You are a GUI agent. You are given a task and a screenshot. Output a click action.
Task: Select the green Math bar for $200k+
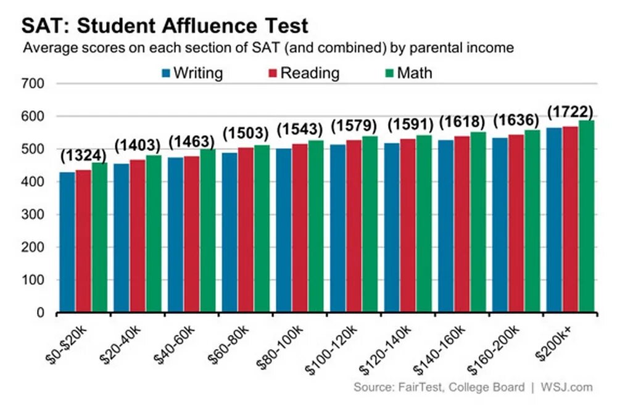click(x=586, y=216)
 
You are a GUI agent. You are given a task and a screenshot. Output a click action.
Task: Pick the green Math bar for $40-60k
click(x=207, y=231)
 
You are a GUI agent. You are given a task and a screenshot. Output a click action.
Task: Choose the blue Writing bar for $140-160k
click(x=446, y=226)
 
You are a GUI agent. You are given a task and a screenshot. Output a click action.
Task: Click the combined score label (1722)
click(x=570, y=112)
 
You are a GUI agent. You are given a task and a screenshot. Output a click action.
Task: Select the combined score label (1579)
click(x=354, y=126)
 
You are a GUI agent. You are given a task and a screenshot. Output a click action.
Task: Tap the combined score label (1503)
click(x=246, y=133)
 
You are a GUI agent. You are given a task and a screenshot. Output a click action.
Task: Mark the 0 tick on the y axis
click(x=39, y=313)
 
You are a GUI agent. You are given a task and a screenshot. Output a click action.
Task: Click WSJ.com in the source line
click(x=566, y=388)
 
